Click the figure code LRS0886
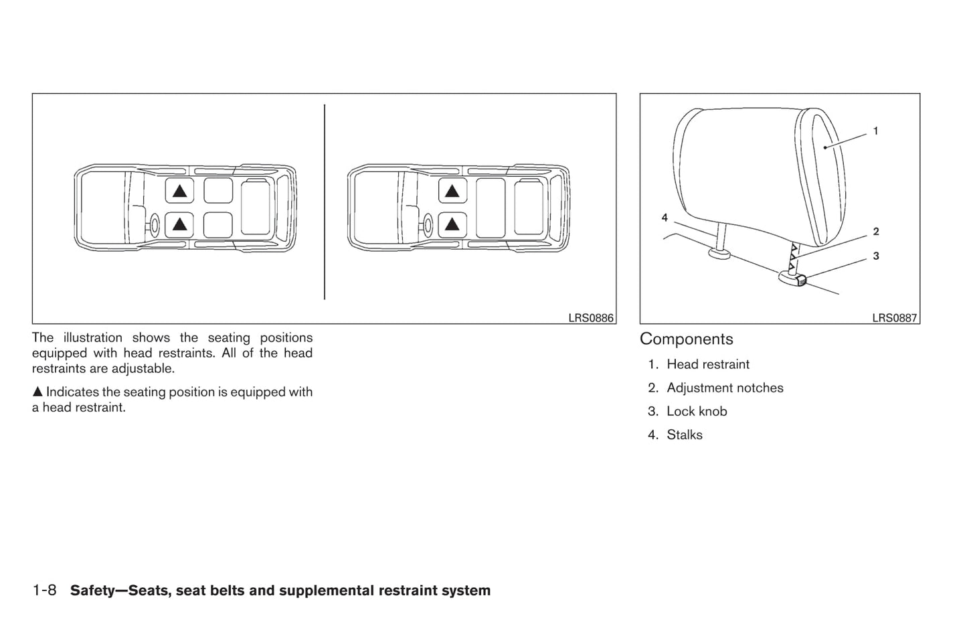pyautogui.click(x=590, y=318)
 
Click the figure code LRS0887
pyautogui.click(x=894, y=318)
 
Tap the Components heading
pyautogui.click(x=686, y=339)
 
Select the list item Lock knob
pyautogui.click(x=696, y=411)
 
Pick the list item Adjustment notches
pyautogui.click(x=724, y=388)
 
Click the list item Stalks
pyautogui.click(x=684, y=435)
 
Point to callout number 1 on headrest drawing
pyautogui.click(x=875, y=131)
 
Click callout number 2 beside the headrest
pyautogui.click(x=875, y=232)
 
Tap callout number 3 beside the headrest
pyautogui.click(x=875, y=256)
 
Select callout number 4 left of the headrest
pyautogui.click(x=665, y=218)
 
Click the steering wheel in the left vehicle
pyautogui.click(x=155, y=225)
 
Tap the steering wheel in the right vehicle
pyautogui.click(x=428, y=225)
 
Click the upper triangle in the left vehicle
pyautogui.click(x=179, y=191)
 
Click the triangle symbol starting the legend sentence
pyautogui.click(x=37, y=392)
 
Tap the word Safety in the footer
pyautogui.click(x=94, y=591)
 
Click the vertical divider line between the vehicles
pyautogui.click(x=325, y=201)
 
